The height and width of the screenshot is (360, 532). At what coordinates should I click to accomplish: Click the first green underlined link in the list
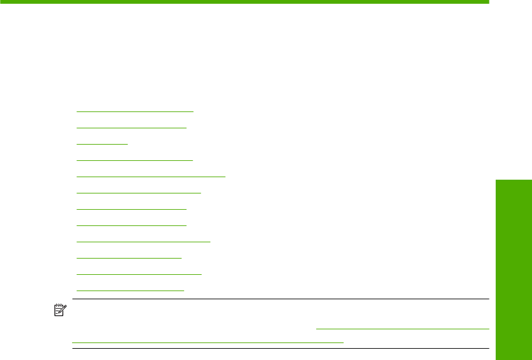pyautogui.click(x=135, y=111)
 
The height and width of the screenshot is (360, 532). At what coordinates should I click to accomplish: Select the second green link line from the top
pyautogui.click(x=131, y=127)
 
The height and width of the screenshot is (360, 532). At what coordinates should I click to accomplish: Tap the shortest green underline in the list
pyautogui.click(x=101, y=143)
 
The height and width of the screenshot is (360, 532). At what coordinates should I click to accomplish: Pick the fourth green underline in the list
pyautogui.click(x=134, y=160)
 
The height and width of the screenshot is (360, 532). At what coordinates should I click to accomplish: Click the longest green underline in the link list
pyautogui.click(x=150, y=176)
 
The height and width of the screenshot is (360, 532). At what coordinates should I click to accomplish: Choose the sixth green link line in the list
pyautogui.click(x=138, y=192)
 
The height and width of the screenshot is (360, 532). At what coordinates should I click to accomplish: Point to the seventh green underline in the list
pyautogui.click(x=131, y=208)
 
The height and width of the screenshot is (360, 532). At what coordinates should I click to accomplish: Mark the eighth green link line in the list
pyautogui.click(x=131, y=224)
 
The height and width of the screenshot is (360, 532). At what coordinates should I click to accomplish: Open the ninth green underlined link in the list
pyautogui.click(x=143, y=240)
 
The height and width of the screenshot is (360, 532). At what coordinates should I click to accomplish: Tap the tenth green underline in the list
pyautogui.click(x=128, y=257)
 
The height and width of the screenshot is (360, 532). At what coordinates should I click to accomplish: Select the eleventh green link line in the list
pyautogui.click(x=138, y=273)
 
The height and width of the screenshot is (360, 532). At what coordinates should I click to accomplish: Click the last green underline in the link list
pyautogui.click(x=130, y=289)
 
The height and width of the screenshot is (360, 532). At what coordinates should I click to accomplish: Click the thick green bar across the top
pyautogui.click(x=244, y=2)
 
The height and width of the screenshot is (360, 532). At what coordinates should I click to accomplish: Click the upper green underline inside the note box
pyautogui.click(x=402, y=328)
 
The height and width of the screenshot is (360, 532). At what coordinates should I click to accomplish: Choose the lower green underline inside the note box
pyautogui.click(x=208, y=342)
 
